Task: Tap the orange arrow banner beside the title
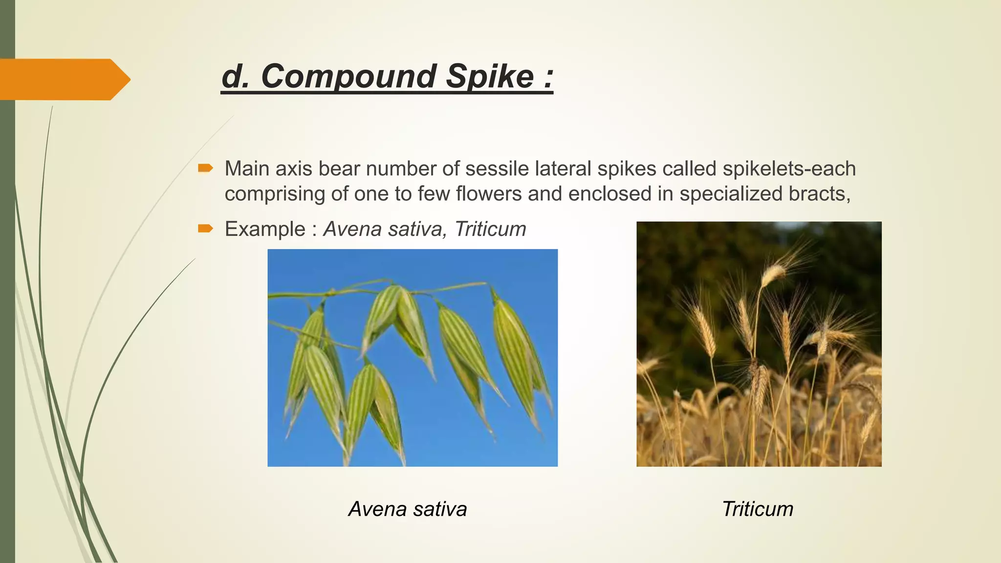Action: pos(64,79)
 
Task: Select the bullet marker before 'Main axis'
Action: pos(205,169)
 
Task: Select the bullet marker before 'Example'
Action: pos(205,229)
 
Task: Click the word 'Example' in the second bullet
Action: pos(264,229)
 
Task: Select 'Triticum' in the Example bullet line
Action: pos(490,229)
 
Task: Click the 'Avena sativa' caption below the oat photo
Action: pos(408,509)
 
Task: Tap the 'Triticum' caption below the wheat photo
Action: pos(757,509)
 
